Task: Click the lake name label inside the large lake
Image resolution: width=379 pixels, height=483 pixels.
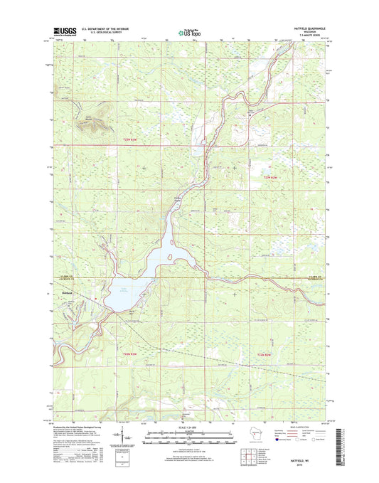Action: click(x=124, y=286)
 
